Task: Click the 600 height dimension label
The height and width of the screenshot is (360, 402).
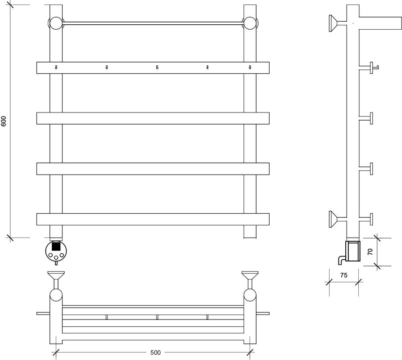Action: point(4,121)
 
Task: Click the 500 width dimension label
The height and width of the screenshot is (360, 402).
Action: point(155,352)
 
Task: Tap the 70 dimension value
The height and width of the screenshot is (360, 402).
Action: point(370,252)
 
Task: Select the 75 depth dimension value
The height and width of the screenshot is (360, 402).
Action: point(344,275)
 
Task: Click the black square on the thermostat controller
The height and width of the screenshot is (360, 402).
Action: point(56,246)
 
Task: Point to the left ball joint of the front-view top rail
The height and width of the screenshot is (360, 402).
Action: point(56,23)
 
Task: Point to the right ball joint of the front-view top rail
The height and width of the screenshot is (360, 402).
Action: point(250,23)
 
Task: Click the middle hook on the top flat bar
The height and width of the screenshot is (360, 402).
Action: point(157,67)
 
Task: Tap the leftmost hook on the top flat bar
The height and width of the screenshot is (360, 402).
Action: point(56,67)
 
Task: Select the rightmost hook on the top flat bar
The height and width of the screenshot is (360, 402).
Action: point(250,67)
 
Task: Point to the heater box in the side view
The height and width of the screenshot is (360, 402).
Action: point(353,251)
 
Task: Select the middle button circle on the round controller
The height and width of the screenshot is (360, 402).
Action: point(56,257)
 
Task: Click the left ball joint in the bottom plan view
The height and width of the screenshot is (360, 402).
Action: point(56,295)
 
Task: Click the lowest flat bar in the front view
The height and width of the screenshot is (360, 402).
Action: point(153,219)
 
